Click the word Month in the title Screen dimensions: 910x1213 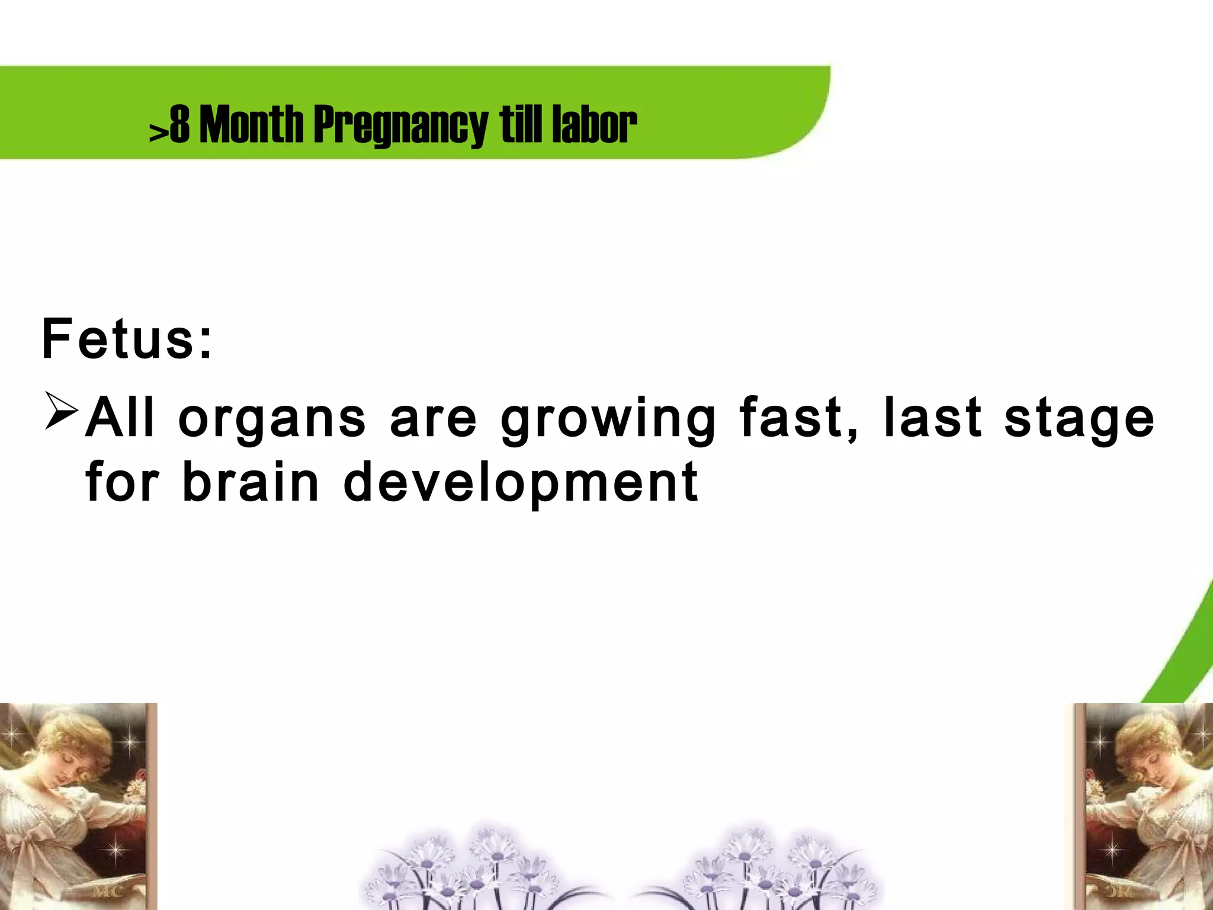(x=251, y=124)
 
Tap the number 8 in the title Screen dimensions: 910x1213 (x=179, y=124)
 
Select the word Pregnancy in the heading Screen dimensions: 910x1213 (x=400, y=126)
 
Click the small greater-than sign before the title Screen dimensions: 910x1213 (x=158, y=133)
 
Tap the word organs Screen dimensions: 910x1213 (x=272, y=419)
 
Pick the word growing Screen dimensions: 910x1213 (x=608, y=419)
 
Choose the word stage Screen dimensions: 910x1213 (x=1079, y=419)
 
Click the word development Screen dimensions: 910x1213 (x=521, y=483)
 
